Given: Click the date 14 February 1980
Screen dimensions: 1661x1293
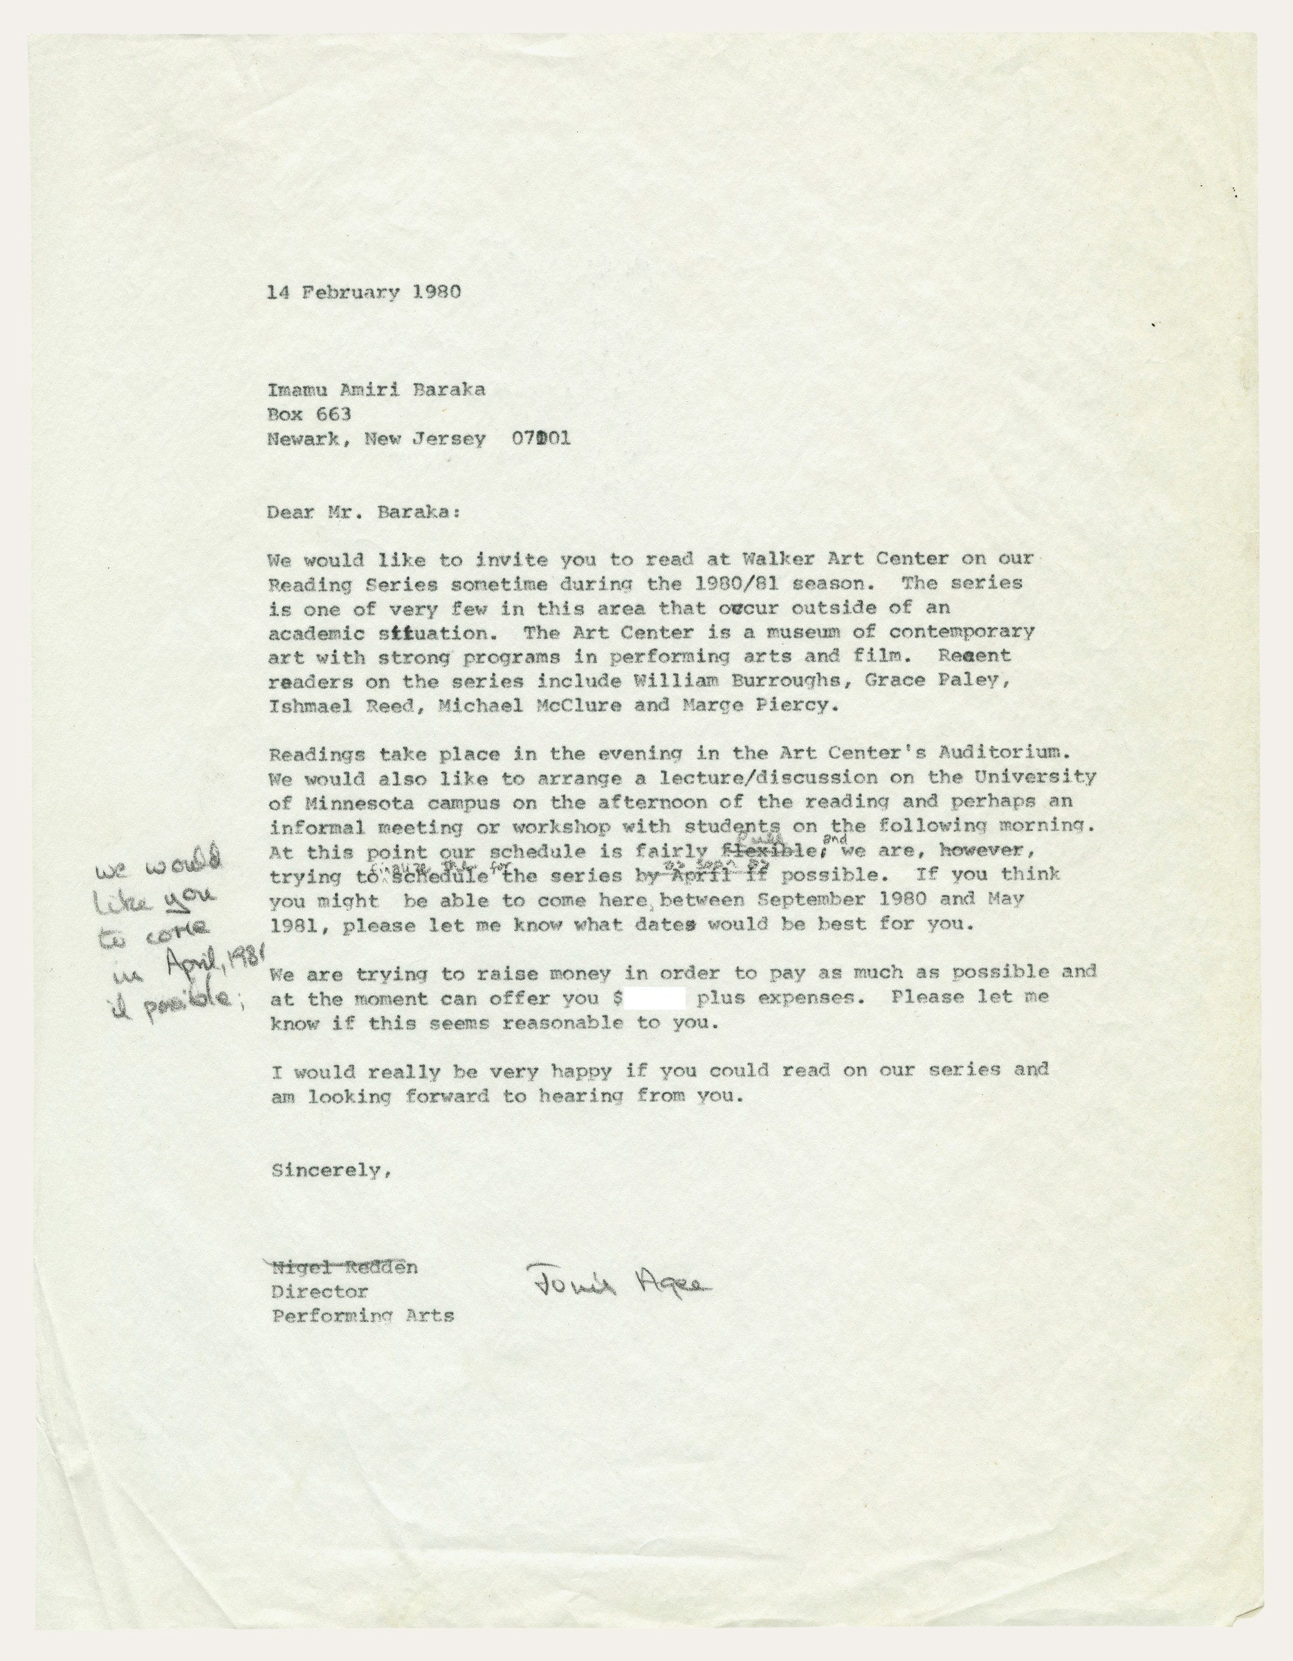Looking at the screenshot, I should tap(363, 292).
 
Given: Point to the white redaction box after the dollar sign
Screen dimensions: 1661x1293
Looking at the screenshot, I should tap(655, 997).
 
